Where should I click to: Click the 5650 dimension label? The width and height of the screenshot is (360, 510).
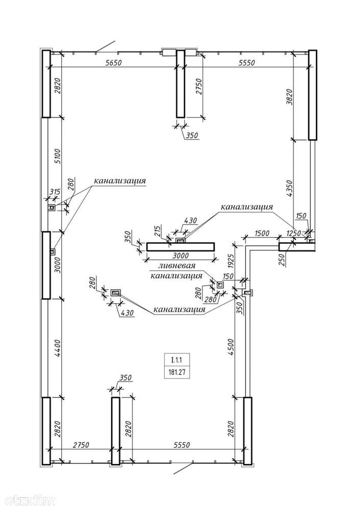tap(114, 63)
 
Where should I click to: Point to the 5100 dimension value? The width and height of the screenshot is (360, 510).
tap(57, 157)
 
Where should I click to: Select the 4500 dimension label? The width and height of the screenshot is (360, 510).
tap(230, 347)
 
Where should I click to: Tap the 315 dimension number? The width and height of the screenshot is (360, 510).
tap(55, 192)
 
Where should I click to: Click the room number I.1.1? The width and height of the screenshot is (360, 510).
tap(176, 360)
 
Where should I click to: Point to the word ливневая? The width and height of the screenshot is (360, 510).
tap(177, 266)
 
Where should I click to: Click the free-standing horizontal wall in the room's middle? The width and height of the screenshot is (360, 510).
tap(181, 246)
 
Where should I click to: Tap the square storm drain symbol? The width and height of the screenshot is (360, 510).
tap(220, 285)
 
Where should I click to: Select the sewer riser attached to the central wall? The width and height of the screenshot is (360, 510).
tap(181, 240)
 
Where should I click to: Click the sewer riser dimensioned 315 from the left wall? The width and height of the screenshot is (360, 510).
tap(52, 208)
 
